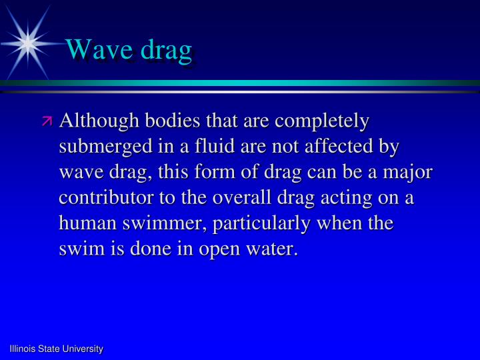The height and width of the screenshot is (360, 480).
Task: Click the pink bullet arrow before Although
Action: [47, 121]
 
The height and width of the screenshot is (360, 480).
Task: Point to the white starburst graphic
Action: [27, 42]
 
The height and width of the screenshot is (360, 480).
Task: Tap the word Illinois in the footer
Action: [23, 349]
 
